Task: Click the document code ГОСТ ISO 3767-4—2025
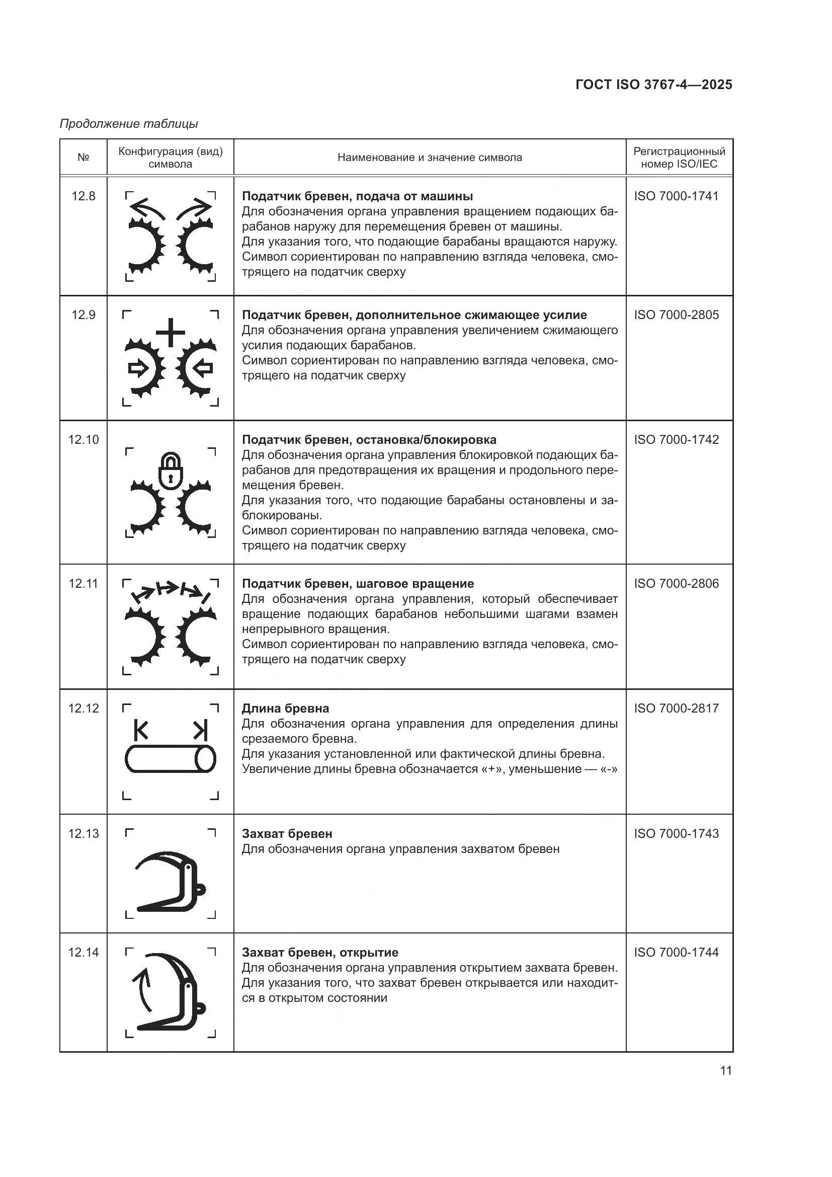point(654,85)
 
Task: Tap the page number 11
point(725,1071)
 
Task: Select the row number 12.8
point(84,196)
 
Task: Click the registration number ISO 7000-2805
point(676,315)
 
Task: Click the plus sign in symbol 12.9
point(171,333)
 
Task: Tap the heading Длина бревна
point(285,709)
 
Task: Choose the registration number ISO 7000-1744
point(676,953)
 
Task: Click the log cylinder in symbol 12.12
point(171,759)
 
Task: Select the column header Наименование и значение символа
point(429,158)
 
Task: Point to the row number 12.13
point(84,833)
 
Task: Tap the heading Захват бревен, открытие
point(320,953)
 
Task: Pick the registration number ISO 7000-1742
point(676,440)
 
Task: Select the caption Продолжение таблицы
point(129,124)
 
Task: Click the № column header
point(84,158)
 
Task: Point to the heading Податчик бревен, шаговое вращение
point(358,583)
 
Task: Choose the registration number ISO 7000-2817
point(676,709)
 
